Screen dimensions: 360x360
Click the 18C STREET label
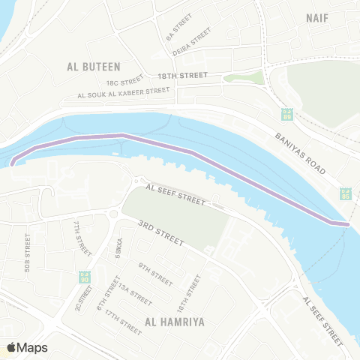pyautogui.click(x=124, y=82)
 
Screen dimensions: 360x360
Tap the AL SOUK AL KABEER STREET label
pyautogui.click(x=123, y=93)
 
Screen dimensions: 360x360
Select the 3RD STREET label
pyautogui.click(x=160, y=232)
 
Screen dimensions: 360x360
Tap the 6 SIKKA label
pyautogui.click(x=118, y=249)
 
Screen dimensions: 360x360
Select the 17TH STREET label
pyautogui.click(x=123, y=319)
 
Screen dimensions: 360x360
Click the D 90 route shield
pyautogui.click(x=84, y=275)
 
